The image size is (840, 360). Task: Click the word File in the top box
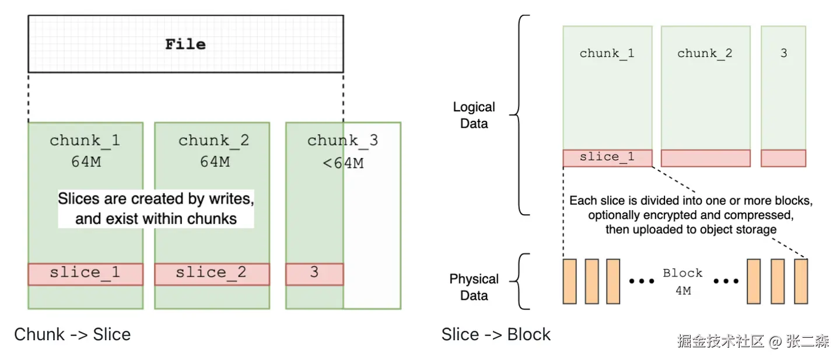(x=185, y=44)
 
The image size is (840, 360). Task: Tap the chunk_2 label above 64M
(x=214, y=141)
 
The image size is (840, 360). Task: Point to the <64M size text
(x=343, y=163)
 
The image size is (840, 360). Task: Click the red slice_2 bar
(x=212, y=274)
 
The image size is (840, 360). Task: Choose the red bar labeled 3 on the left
(x=314, y=274)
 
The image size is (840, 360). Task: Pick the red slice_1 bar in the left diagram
(x=85, y=274)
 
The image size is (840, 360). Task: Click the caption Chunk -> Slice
(x=72, y=334)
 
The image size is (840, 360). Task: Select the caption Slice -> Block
(x=496, y=334)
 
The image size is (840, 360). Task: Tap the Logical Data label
(x=474, y=115)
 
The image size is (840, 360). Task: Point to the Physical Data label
(x=474, y=287)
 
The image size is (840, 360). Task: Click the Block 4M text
(x=682, y=281)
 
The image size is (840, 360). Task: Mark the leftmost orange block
(x=569, y=281)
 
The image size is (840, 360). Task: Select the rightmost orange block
(x=801, y=281)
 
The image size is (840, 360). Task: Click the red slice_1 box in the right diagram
(x=607, y=158)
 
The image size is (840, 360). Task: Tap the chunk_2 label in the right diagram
(x=705, y=53)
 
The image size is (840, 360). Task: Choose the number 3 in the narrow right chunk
(x=783, y=53)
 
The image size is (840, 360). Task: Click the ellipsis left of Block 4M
(x=642, y=281)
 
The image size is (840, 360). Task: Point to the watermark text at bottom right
(x=753, y=341)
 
